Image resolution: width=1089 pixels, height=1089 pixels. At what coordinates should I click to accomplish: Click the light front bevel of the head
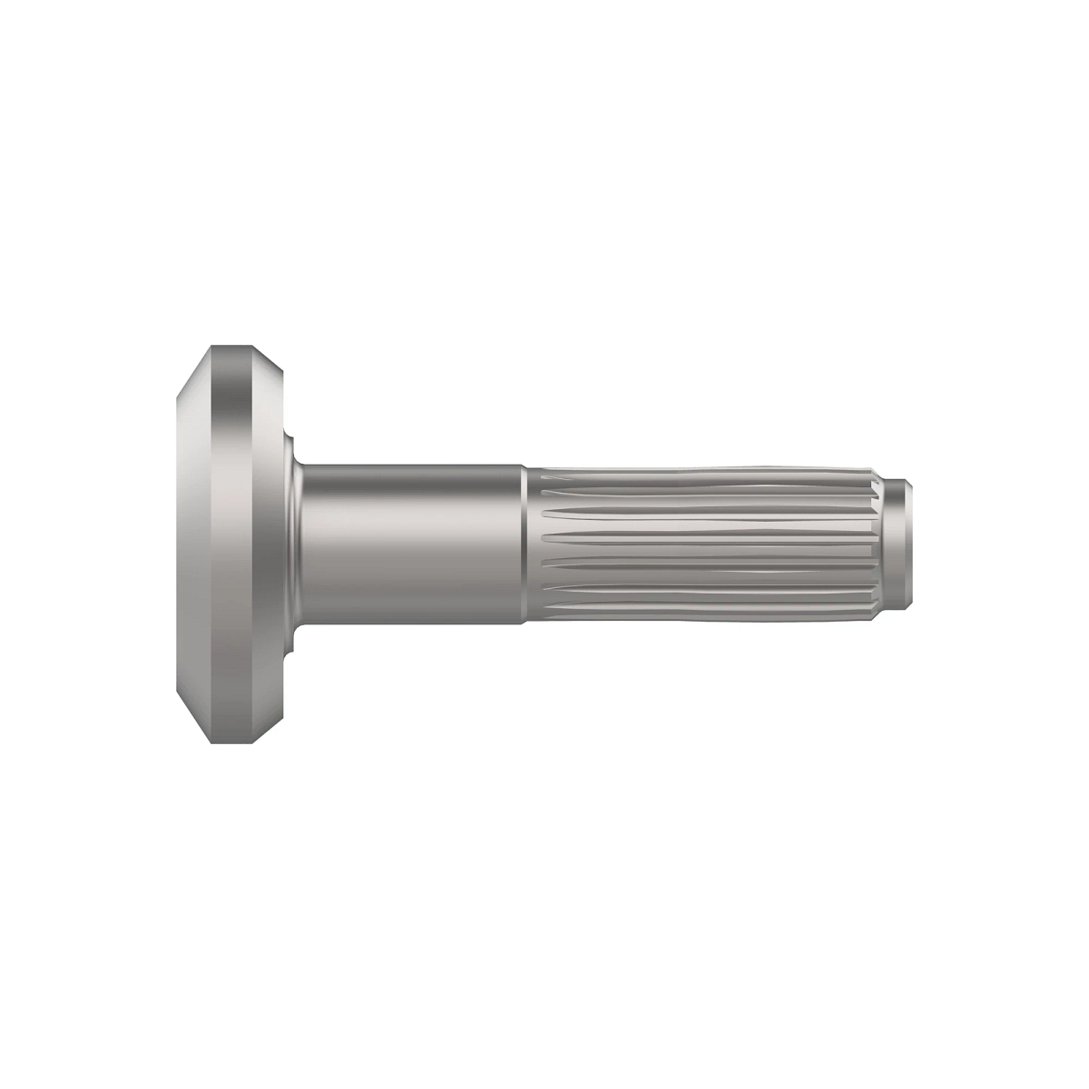tap(192, 544)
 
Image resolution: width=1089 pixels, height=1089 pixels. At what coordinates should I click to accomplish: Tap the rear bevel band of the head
tap(266, 544)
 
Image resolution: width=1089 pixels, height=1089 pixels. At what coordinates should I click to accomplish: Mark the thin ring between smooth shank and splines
tap(526, 544)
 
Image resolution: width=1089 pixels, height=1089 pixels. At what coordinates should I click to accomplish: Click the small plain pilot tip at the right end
tap(898, 544)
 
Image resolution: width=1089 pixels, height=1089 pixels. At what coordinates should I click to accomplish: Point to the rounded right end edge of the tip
tap(910, 544)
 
